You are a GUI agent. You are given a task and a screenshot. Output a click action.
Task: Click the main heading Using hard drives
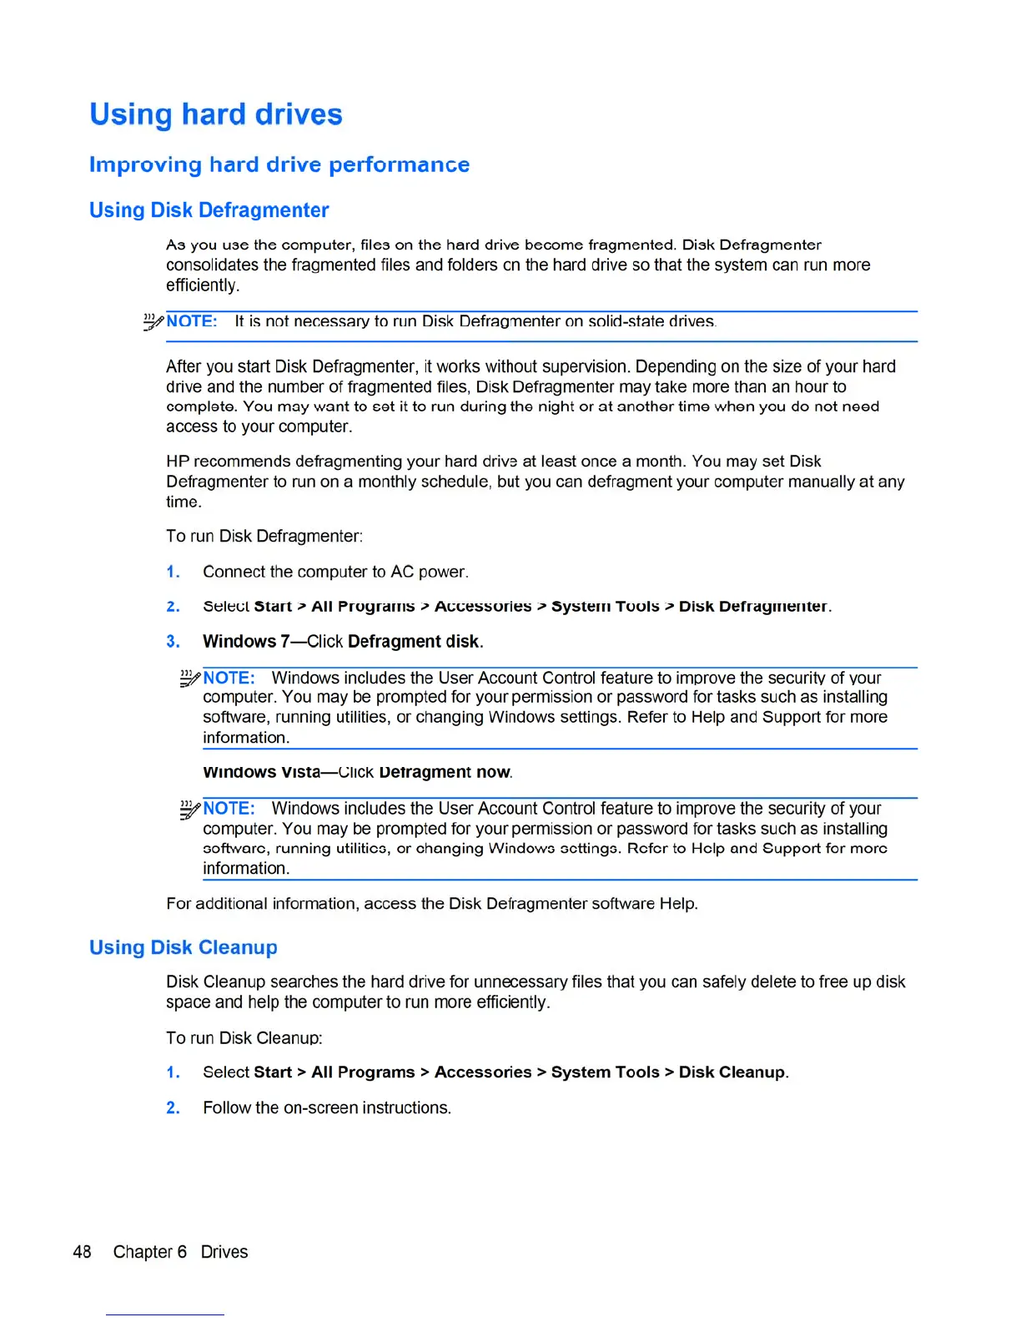point(215,114)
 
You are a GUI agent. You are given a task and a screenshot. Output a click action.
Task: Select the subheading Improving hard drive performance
point(279,164)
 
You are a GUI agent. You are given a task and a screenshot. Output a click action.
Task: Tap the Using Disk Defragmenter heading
point(209,210)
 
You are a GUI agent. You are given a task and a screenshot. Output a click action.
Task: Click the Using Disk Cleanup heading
point(183,947)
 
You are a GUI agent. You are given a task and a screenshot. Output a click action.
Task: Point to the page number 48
point(82,1252)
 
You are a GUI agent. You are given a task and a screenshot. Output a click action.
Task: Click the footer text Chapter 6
point(150,1252)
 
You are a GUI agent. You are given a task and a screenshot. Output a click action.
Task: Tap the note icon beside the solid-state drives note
point(153,322)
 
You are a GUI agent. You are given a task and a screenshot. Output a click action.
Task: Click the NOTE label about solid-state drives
point(192,321)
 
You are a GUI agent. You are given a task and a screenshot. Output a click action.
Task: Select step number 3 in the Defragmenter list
point(173,642)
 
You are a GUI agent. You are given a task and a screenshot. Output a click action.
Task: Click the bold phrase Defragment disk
point(414,642)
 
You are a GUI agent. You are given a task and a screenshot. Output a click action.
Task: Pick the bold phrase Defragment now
point(444,772)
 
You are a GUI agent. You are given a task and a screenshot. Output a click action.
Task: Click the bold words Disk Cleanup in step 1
point(732,1072)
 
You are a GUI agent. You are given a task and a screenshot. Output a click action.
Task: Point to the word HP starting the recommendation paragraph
point(178,462)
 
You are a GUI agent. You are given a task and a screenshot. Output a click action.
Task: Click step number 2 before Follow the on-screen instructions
point(173,1108)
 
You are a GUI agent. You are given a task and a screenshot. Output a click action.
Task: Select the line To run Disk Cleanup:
point(244,1037)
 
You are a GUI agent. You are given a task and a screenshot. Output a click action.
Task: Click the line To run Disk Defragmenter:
point(264,536)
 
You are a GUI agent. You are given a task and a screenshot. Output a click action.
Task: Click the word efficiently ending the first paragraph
point(202,285)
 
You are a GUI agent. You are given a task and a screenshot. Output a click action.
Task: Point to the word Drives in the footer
point(224,1252)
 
